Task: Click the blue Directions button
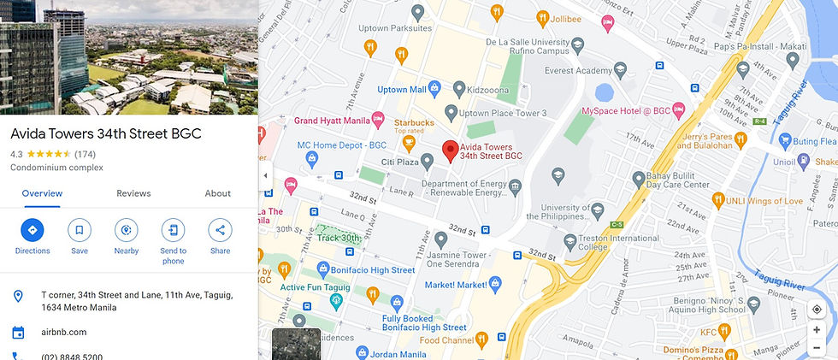coord(32,230)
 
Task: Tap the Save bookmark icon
coord(80,230)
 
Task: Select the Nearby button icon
coord(127,230)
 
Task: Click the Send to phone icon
coord(174,230)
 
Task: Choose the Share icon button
coord(220,230)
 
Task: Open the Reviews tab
coord(133,193)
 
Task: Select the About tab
coord(217,193)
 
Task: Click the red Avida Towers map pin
coord(450,152)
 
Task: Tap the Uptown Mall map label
coord(402,90)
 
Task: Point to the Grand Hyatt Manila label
coord(332,121)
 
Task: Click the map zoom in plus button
coord(817,330)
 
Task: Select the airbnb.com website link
coord(64,333)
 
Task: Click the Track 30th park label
coord(338,238)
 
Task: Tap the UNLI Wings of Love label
coord(764,201)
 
